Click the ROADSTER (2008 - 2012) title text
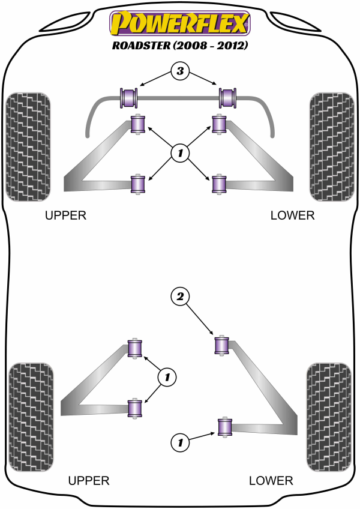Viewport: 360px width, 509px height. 179,45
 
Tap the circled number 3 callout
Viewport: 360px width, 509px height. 179,73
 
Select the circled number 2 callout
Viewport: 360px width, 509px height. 179,295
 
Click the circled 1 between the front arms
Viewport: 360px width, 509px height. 179,154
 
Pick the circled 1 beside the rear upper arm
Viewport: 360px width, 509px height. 167,377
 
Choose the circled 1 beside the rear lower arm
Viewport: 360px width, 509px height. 179,443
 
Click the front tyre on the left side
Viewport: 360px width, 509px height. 27,146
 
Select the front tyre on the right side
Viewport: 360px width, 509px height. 331,146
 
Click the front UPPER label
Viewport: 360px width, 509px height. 66,215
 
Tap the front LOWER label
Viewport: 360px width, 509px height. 292,215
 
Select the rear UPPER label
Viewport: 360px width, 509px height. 89,480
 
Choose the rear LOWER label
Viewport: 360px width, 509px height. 271,480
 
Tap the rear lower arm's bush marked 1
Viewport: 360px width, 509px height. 225,427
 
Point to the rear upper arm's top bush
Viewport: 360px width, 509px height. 137,348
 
